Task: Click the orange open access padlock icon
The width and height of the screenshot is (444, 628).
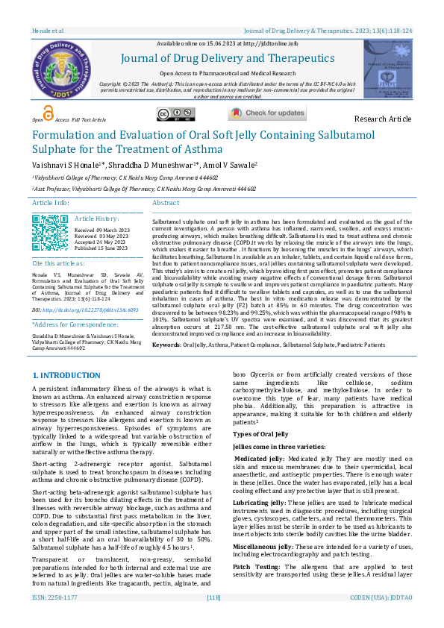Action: (x=49, y=113)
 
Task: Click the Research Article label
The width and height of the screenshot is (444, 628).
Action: (x=382, y=119)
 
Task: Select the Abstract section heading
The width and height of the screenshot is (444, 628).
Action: (x=166, y=203)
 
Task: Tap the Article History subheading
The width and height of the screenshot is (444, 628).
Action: (x=97, y=219)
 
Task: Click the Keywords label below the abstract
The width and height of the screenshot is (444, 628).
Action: (x=166, y=345)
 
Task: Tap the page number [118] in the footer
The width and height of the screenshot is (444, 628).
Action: (x=214, y=618)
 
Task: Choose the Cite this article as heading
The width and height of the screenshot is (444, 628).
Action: (x=59, y=264)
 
